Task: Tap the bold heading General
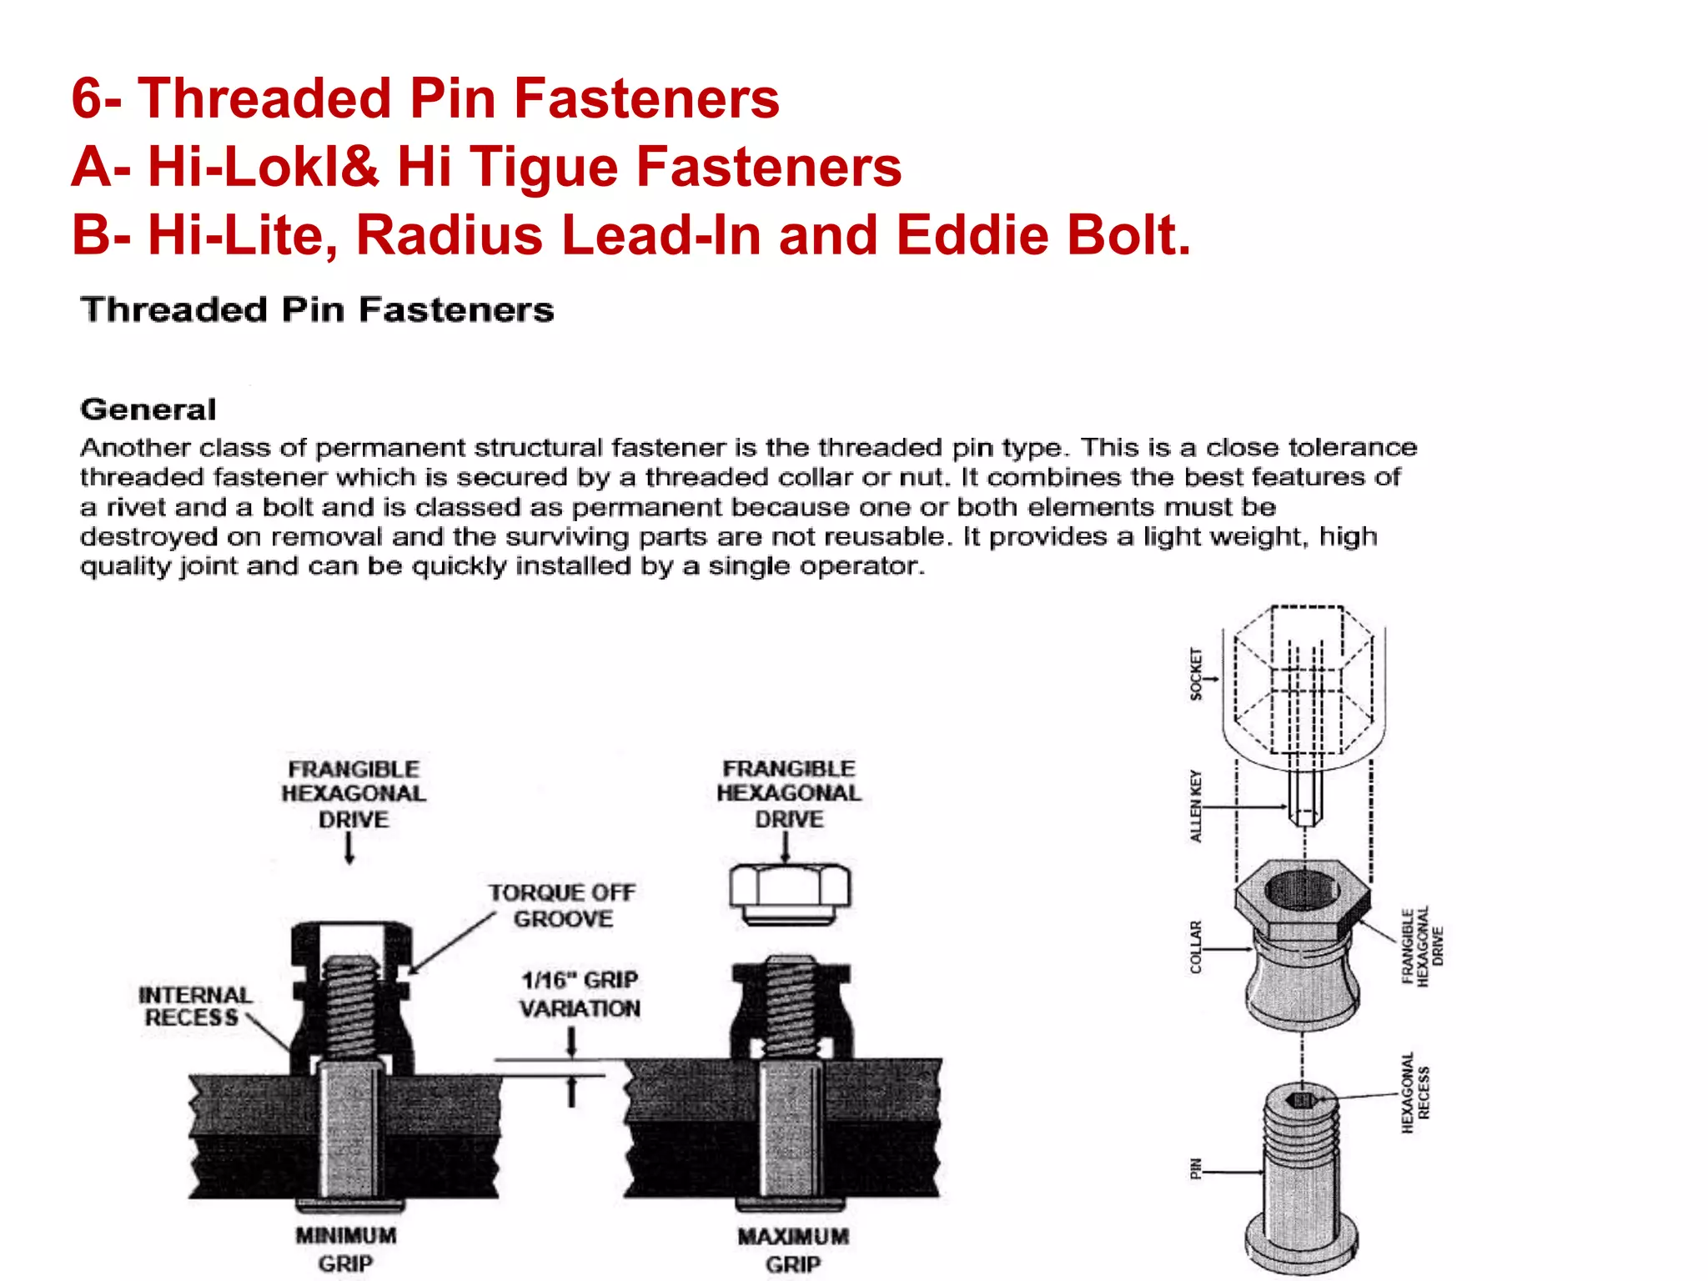(x=148, y=409)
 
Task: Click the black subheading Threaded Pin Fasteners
(x=317, y=310)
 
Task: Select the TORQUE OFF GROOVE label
(x=562, y=906)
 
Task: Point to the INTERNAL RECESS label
(x=194, y=1006)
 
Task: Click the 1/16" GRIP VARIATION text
(x=580, y=994)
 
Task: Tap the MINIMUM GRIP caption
(x=345, y=1248)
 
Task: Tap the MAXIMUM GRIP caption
(x=792, y=1249)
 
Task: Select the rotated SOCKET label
(x=1196, y=674)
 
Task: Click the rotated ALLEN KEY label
(x=1196, y=806)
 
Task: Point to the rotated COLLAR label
(x=1196, y=947)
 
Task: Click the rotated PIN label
(x=1196, y=1168)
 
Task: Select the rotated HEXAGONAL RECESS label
(x=1415, y=1093)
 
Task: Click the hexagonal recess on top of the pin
(x=1300, y=1101)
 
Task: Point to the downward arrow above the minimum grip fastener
(x=349, y=848)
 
